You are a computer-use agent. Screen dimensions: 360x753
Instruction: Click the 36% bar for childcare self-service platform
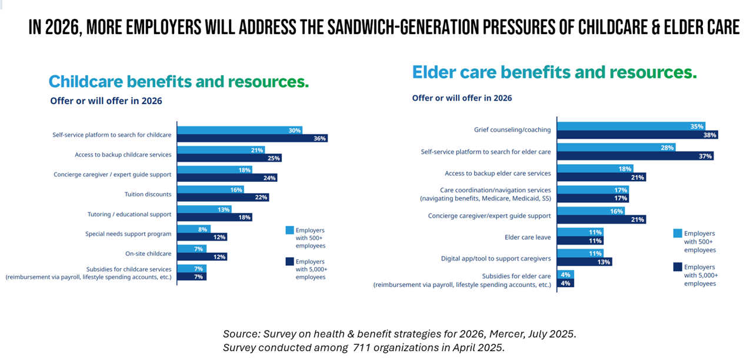252,138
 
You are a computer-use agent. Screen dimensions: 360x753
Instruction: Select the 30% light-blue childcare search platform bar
239,130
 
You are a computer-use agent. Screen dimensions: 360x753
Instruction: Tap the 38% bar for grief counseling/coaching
637,135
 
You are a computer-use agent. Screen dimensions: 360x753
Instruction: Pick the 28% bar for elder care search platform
616,148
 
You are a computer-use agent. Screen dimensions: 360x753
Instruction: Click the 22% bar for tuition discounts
224,197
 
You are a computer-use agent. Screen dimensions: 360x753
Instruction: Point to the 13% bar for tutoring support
204,209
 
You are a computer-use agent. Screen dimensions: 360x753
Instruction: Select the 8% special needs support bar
194,229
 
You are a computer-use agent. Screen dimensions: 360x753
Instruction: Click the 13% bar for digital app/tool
584,262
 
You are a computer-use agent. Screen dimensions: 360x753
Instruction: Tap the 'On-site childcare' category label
148,254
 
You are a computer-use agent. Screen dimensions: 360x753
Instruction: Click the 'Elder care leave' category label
528,237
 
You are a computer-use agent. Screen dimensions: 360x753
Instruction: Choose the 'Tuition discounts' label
148,194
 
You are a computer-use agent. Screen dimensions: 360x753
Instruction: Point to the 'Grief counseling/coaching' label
512,130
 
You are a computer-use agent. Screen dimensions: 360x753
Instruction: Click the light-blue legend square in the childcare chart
289,230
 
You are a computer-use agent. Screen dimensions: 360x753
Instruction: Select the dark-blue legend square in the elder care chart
677,267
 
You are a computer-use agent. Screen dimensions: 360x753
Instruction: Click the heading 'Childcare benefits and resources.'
178,81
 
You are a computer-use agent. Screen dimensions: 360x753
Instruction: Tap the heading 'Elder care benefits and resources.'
554,72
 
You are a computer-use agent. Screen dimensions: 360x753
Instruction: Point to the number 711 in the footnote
362,348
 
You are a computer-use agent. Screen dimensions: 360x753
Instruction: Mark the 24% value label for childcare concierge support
270,178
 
